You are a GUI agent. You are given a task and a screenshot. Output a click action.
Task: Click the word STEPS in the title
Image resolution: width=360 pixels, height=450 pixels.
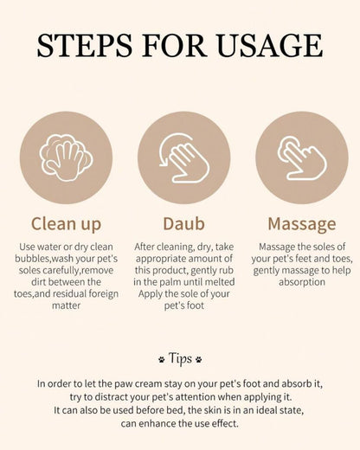[x=85, y=45]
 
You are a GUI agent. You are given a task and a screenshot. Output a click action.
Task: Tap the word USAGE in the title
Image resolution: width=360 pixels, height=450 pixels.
[x=270, y=45]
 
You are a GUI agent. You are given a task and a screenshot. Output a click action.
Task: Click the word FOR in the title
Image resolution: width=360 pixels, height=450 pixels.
[x=174, y=45]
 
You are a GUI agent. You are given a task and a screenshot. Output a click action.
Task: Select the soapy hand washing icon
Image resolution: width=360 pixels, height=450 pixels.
[x=66, y=157]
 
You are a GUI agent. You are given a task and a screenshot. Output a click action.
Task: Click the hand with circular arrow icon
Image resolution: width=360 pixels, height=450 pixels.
[x=184, y=157]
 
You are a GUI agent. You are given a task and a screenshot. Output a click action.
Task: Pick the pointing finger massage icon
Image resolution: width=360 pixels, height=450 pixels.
[x=302, y=157]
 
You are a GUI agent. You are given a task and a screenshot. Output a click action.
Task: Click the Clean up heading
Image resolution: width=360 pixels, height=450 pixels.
[x=66, y=224]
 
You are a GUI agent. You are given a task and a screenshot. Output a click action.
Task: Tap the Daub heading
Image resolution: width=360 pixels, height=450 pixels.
[x=184, y=223]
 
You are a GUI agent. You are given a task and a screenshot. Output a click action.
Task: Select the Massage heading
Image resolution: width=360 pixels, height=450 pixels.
[x=302, y=224]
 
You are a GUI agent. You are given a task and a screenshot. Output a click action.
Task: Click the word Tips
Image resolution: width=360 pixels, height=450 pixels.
[x=180, y=358]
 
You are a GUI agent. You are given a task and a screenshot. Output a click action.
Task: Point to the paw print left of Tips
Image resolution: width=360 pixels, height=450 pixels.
[x=162, y=359]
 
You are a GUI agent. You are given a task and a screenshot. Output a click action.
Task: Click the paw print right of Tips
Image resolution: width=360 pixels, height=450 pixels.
[x=199, y=359]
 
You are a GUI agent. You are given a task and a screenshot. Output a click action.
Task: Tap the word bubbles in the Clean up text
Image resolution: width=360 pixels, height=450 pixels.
[x=32, y=259]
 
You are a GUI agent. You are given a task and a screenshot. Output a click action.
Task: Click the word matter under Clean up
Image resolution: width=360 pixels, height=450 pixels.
[x=66, y=305]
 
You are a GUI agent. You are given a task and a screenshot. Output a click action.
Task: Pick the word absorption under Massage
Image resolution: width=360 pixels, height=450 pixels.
[x=302, y=282]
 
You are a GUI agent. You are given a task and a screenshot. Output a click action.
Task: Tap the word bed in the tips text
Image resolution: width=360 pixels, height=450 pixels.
[x=178, y=410]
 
